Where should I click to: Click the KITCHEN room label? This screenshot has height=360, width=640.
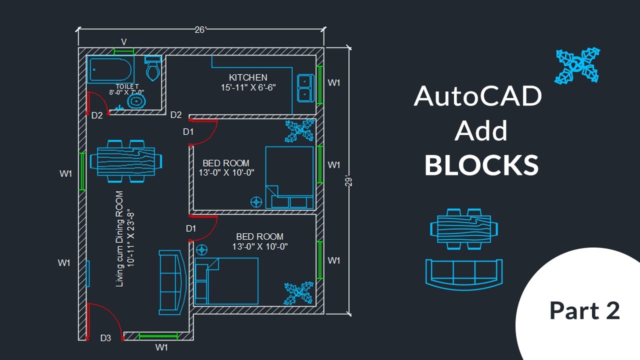pos(248,77)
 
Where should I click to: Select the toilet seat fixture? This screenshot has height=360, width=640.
pos(152,68)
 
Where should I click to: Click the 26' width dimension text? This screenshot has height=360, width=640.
pos(200,30)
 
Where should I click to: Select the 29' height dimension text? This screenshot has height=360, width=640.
pos(349,180)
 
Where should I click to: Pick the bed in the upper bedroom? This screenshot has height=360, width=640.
pos(289,177)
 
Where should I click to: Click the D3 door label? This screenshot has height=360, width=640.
pos(105,338)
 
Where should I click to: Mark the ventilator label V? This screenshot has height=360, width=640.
pos(124,41)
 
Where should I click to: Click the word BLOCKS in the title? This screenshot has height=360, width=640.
pos(481,165)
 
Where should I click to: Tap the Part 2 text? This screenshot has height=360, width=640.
pos(584,310)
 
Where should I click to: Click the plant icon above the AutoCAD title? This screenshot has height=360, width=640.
pos(578,65)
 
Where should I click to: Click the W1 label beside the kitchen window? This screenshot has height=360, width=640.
pos(334,83)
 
